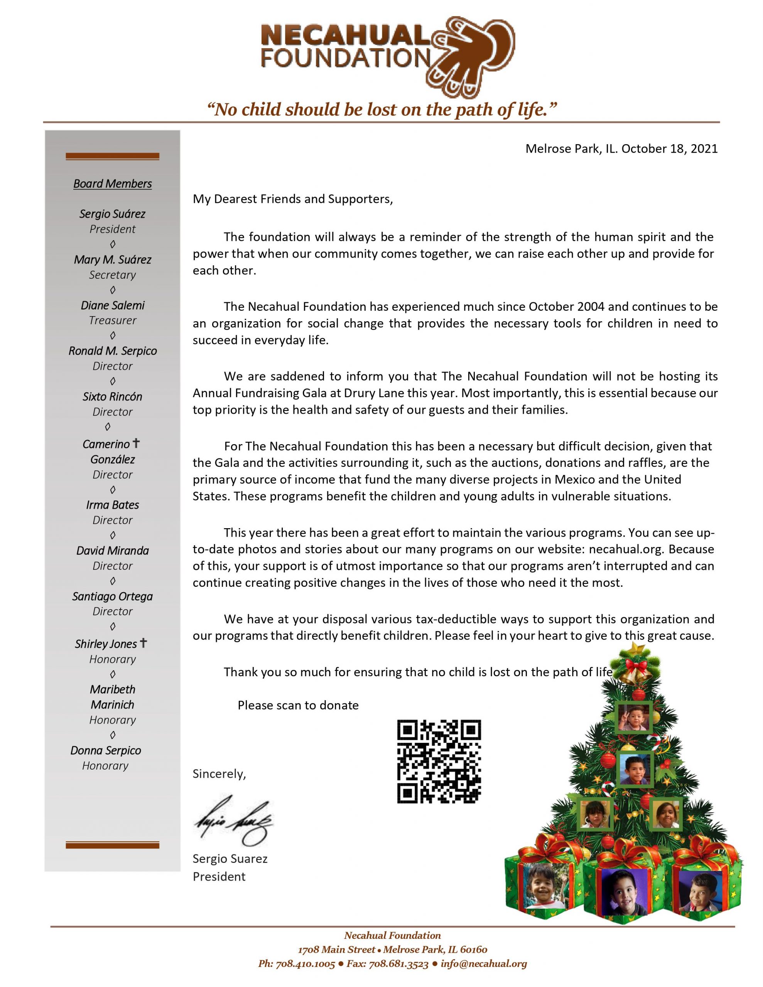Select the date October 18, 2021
click(x=669, y=149)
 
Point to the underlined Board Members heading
click(x=112, y=184)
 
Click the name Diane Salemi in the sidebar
click(x=112, y=305)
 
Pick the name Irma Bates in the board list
click(x=112, y=505)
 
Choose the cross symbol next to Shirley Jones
click(x=143, y=643)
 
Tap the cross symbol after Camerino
click(x=136, y=443)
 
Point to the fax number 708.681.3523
click(x=398, y=964)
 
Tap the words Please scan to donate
click(x=298, y=706)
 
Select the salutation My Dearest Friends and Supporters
click(x=293, y=199)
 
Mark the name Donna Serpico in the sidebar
click(x=105, y=750)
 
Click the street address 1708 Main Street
click(x=336, y=950)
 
